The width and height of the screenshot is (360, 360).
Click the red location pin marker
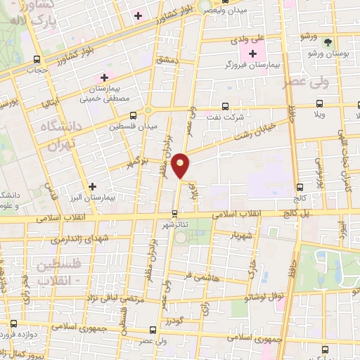tap(181, 166)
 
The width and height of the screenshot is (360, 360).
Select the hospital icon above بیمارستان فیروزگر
tap(251, 53)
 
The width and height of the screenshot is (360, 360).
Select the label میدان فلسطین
tap(133, 127)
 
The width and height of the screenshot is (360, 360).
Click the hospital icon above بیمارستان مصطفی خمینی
tap(105, 77)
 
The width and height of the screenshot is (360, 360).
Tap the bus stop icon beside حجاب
tap(36, 59)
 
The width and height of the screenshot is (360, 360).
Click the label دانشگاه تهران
tap(62, 138)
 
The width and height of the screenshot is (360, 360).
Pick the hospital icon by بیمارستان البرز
tap(92, 186)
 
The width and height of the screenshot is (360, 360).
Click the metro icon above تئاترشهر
tap(176, 214)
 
